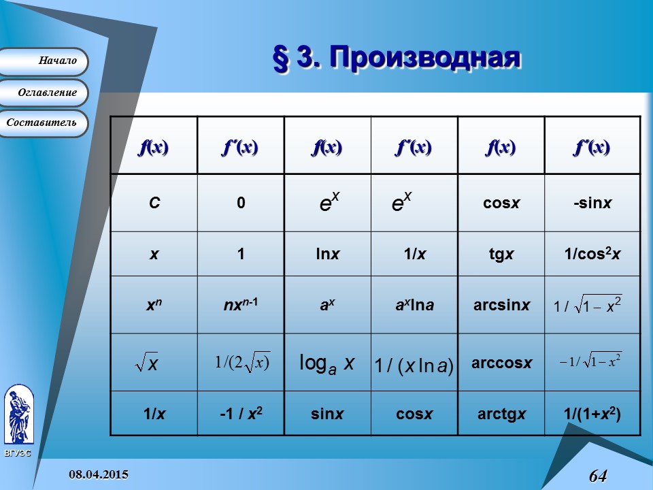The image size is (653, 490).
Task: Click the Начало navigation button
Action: click(44, 61)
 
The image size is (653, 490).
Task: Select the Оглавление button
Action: click(44, 93)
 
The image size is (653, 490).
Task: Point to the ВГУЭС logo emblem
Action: click(18, 414)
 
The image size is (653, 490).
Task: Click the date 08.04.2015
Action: click(99, 474)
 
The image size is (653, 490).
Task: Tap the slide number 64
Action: click(597, 476)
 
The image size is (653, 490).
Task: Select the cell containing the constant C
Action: click(154, 203)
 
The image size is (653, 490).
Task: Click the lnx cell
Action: click(326, 254)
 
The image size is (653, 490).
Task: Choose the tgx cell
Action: click(501, 254)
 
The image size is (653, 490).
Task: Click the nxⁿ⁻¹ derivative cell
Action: click(241, 305)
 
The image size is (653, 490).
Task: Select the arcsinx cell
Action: click(501, 305)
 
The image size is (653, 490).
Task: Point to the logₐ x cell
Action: click(326, 363)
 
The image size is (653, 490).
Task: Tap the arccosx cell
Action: click(501, 363)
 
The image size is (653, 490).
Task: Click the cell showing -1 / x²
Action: click(241, 413)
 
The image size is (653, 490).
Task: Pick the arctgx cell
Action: click(501, 413)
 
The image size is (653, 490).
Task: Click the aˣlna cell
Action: click(414, 305)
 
